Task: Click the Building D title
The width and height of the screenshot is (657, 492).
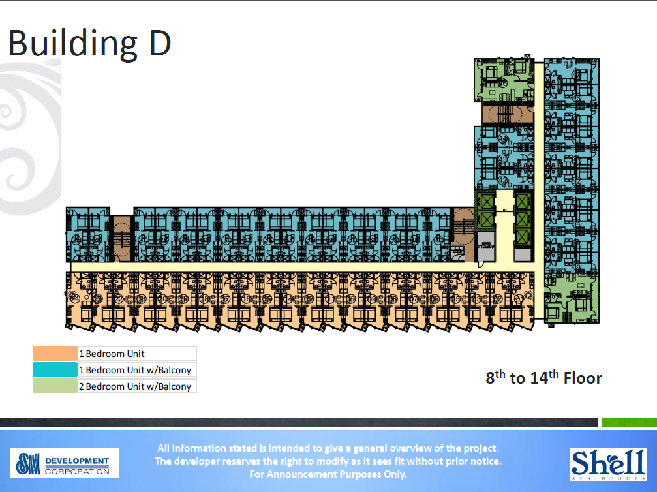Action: (x=89, y=43)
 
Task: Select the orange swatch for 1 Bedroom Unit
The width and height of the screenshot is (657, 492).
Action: (x=55, y=354)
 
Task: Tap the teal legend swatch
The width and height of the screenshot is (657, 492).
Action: (x=55, y=370)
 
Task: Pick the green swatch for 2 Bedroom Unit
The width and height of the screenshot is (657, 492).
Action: (x=55, y=386)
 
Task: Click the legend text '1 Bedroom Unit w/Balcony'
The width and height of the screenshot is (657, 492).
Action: (x=135, y=370)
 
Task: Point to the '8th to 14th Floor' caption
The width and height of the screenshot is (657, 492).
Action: (x=543, y=378)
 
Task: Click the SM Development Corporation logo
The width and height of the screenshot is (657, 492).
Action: (x=65, y=462)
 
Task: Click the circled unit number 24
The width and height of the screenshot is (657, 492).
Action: (x=76, y=299)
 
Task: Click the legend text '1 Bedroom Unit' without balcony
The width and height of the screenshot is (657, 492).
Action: (x=112, y=354)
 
